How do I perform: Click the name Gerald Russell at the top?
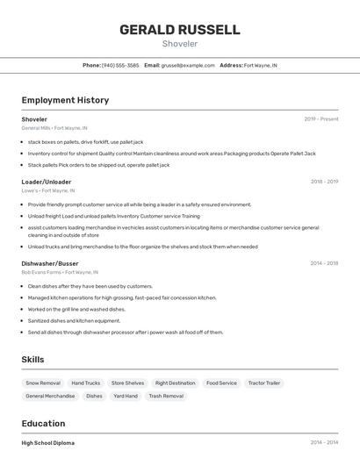pyautogui.click(x=180, y=30)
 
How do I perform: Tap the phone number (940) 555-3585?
pyautogui.click(x=120, y=65)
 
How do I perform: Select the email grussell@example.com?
pyautogui.click(x=188, y=65)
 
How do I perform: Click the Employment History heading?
pyautogui.click(x=65, y=100)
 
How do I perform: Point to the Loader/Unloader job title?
pyautogui.click(x=47, y=182)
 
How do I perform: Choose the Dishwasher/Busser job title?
pyautogui.click(x=50, y=263)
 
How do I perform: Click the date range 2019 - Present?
pyautogui.click(x=321, y=119)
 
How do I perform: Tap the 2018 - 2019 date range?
pyautogui.click(x=324, y=182)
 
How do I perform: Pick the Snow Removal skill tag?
pyautogui.click(x=43, y=383)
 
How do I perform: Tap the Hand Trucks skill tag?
pyautogui.click(x=86, y=383)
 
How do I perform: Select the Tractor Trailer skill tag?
pyautogui.click(x=264, y=383)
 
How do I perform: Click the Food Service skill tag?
pyautogui.click(x=221, y=383)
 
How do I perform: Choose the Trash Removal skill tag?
pyautogui.click(x=166, y=396)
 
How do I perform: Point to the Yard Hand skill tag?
pyautogui.click(x=126, y=396)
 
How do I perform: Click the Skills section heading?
pyautogui.click(x=32, y=360)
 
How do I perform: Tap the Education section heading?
pyautogui.click(x=43, y=423)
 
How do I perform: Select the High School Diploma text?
pyautogui.click(x=48, y=443)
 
